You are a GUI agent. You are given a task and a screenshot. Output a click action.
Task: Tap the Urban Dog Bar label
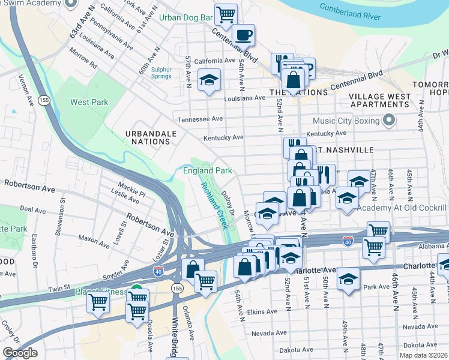click(185, 17)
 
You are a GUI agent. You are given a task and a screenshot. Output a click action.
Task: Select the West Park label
click(89, 102)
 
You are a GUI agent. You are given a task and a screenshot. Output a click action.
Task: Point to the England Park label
click(207, 171)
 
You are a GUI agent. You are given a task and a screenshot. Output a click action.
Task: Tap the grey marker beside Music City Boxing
click(389, 121)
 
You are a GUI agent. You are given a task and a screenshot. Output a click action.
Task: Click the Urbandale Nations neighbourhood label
click(146, 137)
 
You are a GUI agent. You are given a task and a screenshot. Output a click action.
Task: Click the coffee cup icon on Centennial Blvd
click(244, 34)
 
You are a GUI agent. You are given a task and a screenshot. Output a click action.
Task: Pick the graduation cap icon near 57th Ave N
click(209, 79)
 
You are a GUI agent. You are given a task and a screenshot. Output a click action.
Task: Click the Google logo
click(20, 353)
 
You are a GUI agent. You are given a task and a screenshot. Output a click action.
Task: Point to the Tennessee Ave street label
click(196, 119)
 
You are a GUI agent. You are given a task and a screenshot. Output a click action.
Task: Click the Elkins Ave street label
click(262, 311)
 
